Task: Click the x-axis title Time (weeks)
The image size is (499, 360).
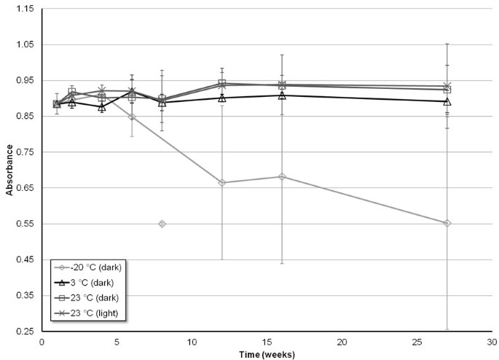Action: (x=267, y=353)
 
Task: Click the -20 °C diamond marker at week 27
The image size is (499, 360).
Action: (x=447, y=223)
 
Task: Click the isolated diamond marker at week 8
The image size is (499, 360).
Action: (x=162, y=224)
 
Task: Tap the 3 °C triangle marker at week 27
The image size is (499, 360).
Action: (x=447, y=101)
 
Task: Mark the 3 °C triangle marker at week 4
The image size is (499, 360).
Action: (x=102, y=107)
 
